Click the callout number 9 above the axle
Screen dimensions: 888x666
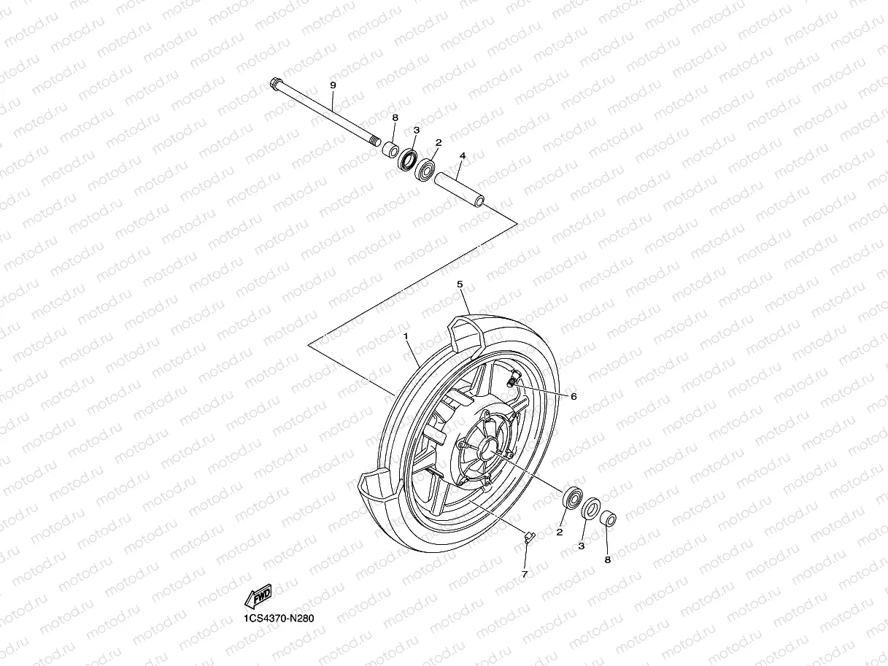333,86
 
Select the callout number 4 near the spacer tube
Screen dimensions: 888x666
462,156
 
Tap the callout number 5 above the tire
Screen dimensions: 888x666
460,283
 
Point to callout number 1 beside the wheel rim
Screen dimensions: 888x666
406,336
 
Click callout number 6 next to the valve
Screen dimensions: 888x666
574,396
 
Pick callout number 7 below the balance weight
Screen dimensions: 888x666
524,575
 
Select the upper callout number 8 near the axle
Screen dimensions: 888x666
395,117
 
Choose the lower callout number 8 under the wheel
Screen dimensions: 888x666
607,559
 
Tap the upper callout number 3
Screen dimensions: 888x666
417,130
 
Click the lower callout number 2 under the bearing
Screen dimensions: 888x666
560,532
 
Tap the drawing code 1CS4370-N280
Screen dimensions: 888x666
281,618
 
